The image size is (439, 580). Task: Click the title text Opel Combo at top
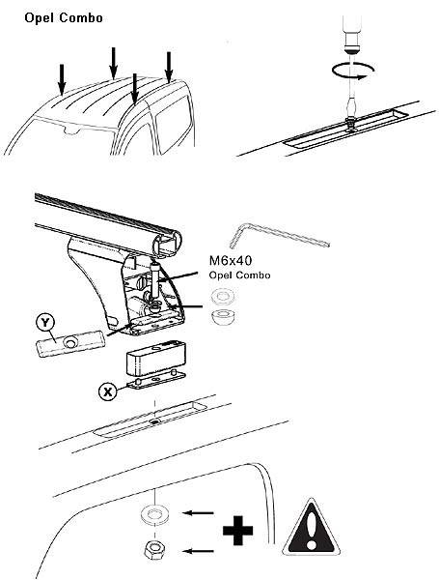64,17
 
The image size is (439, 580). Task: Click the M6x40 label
231,260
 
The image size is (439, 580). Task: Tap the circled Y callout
45,323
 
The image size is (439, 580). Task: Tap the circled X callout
108,391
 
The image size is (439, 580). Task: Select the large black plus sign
238,531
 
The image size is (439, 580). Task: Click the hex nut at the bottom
154,550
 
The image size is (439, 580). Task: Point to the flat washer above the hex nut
154,515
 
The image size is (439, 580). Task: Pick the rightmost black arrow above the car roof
169,68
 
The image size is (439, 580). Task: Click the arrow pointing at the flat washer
199,513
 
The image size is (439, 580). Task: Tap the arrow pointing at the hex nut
199,551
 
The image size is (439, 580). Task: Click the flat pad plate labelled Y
70,343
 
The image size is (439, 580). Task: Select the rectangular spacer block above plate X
155,357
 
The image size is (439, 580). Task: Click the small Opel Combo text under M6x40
239,275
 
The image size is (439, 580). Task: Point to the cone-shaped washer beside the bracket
222,317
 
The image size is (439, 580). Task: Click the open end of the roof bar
167,243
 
